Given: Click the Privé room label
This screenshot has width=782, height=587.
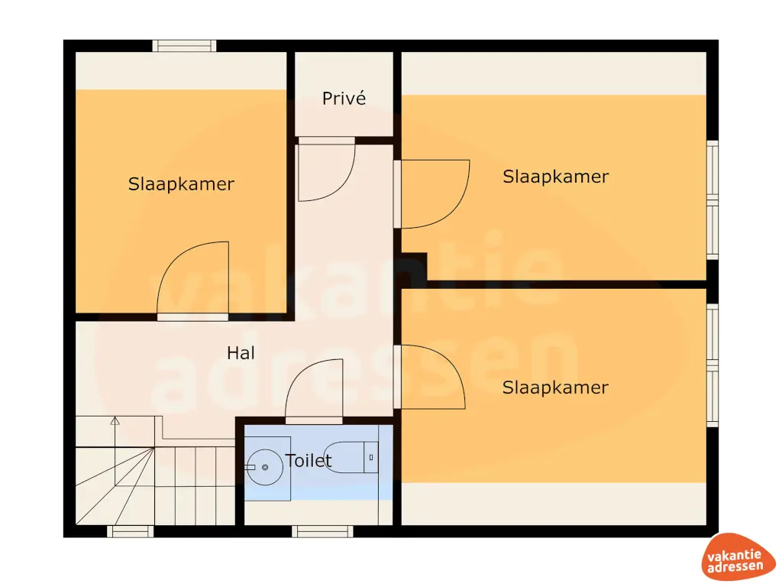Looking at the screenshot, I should (x=344, y=99).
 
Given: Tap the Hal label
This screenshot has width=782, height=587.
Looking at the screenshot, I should (x=241, y=353).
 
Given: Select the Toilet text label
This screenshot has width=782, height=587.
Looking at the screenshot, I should (x=309, y=461).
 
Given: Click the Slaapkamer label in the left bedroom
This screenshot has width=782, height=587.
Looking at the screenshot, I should (x=181, y=184).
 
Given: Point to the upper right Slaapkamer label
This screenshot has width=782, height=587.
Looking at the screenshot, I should (x=555, y=177).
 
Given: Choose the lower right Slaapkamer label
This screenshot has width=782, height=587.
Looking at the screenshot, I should (x=555, y=388).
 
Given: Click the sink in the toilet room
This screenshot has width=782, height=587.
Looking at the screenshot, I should (x=265, y=466).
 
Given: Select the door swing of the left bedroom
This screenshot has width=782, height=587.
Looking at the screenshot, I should (x=191, y=280).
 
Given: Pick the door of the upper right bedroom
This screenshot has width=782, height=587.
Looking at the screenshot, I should (x=431, y=194).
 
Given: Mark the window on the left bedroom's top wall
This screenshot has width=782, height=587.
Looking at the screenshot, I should (x=184, y=46).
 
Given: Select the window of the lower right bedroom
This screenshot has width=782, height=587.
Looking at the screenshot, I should (x=713, y=365).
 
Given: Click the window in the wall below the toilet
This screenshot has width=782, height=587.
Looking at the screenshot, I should (x=322, y=531).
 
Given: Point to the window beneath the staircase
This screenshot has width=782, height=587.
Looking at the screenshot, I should (x=130, y=531).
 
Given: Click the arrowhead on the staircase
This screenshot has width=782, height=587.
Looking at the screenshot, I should (x=115, y=420).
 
